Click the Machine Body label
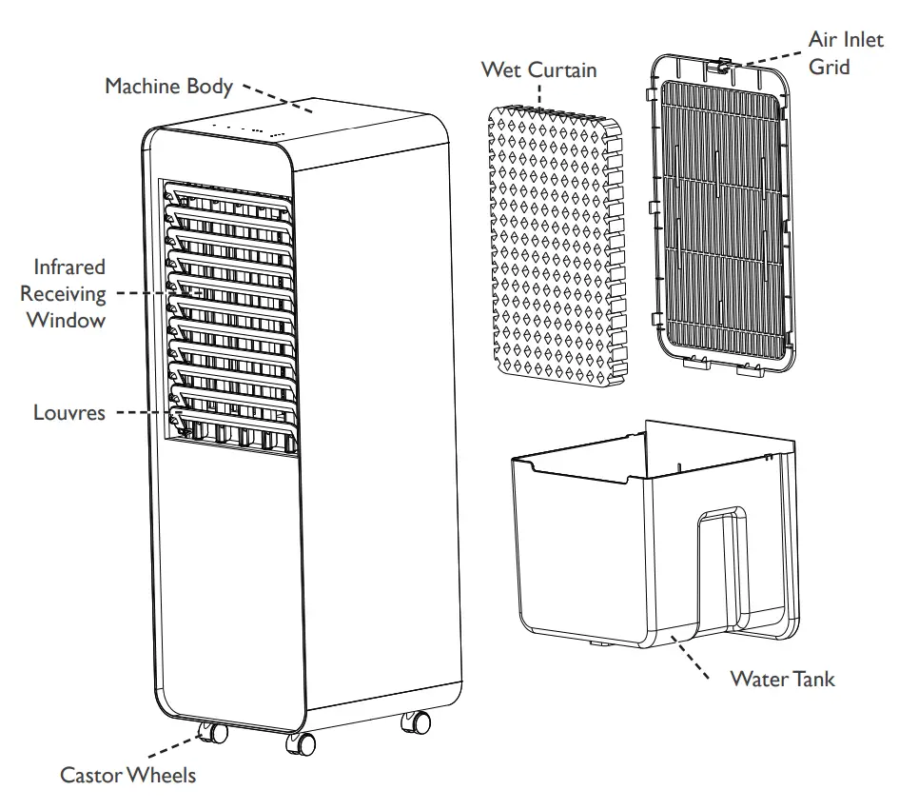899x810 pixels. click(x=168, y=87)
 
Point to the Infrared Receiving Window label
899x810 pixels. click(x=66, y=293)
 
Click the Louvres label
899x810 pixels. click(x=69, y=413)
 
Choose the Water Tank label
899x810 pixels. click(x=782, y=679)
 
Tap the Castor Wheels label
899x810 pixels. click(x=127, y=775)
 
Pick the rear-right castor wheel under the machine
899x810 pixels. click(x=416, y=723)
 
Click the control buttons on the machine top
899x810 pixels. click(x=247, y=128)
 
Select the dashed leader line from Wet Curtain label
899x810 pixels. click(x=540, y=92)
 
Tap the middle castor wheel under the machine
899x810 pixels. click(x=301, y=741)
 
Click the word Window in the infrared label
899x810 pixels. click(x=66, y=320)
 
